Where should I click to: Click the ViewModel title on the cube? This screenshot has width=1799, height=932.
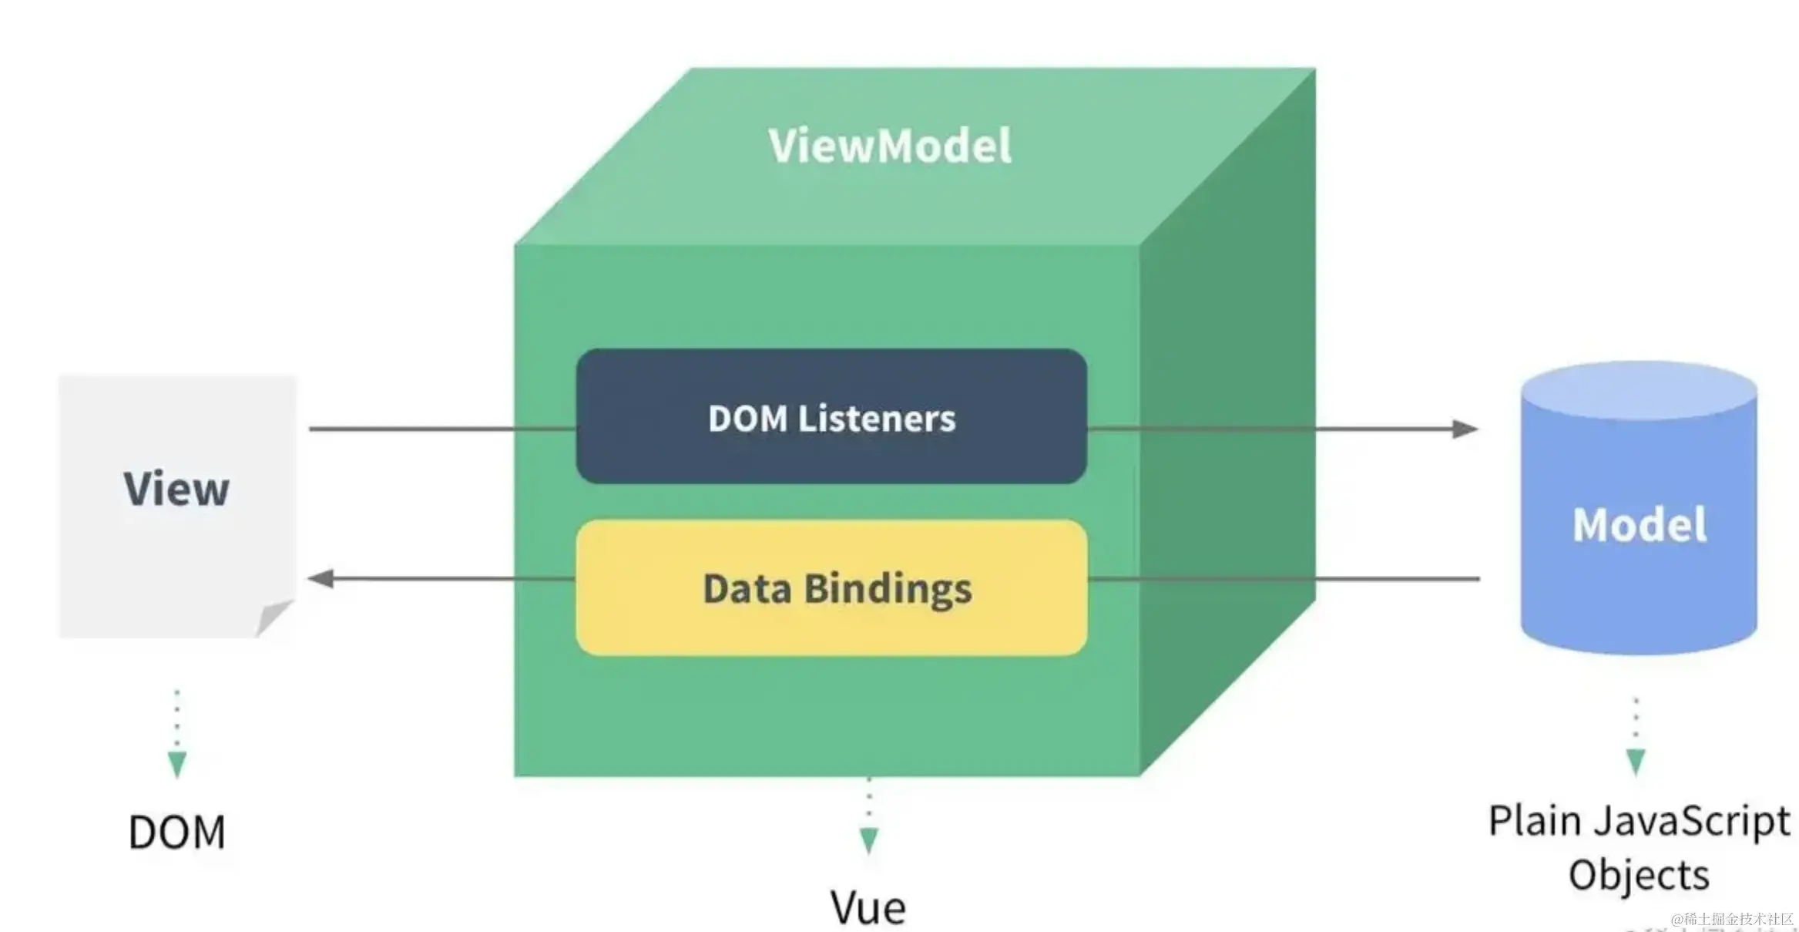890,146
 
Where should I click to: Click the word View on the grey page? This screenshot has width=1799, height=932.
176,489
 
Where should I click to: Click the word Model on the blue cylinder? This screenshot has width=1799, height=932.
1640,525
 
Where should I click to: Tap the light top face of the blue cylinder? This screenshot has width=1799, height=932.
1639,390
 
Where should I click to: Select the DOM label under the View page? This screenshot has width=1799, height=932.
177,833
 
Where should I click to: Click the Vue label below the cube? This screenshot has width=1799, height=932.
868,907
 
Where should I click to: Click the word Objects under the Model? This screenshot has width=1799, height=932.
1639,876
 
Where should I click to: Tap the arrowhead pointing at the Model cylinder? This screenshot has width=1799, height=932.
1465,429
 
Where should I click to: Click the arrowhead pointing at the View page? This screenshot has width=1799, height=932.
321,578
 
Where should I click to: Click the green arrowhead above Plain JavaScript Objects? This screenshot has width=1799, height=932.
1636,762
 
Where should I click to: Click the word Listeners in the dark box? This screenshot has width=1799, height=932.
877,419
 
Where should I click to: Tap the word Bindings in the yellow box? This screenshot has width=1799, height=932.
888,589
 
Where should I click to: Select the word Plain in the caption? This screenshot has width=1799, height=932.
1535,821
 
